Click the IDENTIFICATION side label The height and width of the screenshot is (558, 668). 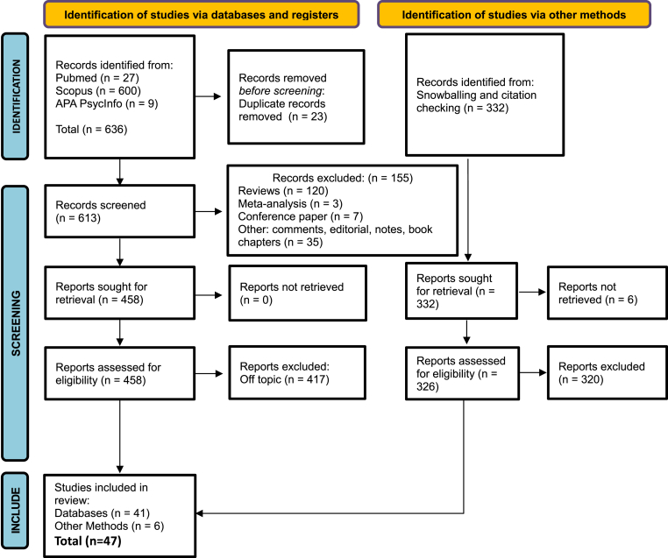15,96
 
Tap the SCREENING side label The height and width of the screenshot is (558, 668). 15,323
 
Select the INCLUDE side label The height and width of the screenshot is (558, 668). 15,511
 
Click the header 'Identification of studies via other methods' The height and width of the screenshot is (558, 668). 514,15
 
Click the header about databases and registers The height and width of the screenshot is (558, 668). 201,15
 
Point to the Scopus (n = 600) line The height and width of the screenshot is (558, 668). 98,90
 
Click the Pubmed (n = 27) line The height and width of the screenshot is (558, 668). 97,78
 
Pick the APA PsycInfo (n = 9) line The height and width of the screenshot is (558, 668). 106,103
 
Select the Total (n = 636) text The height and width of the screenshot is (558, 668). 91,130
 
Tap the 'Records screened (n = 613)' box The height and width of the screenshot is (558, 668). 120,211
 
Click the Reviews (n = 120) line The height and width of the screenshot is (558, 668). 283,191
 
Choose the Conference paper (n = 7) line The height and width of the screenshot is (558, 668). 301,216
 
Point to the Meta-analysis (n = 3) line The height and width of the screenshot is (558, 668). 290,204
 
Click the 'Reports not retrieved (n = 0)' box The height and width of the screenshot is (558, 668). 298,293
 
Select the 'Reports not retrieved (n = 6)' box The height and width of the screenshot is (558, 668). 608,293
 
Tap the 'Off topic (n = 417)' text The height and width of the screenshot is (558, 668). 284,379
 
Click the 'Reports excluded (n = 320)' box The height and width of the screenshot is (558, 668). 608,373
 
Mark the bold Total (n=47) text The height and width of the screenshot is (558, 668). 88,541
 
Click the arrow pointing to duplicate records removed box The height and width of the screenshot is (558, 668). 208,96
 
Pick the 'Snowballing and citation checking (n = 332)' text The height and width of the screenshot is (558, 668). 476,102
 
